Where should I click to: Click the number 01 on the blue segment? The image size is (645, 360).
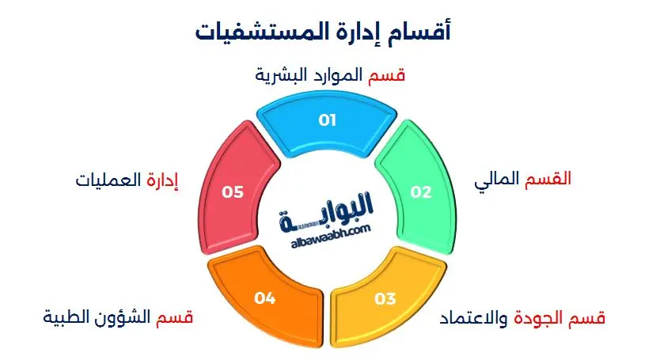[327, 120]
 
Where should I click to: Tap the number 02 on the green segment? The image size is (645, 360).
[420, 192]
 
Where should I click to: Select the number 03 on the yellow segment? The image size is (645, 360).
[385, 298]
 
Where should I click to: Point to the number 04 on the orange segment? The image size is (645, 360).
[264, 298]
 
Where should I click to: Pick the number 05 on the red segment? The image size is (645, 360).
[231, 191]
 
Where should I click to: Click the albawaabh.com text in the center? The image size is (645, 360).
[325, 229]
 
